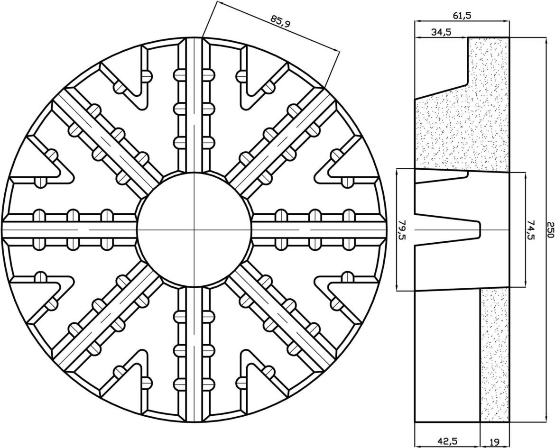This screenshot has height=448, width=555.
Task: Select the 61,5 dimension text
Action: (x=462, y=15)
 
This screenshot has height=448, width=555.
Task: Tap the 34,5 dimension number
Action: (x=441, y=32)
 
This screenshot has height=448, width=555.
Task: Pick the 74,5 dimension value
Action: (x=531, y=229)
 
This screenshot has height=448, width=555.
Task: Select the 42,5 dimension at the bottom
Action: (x=447, y=441)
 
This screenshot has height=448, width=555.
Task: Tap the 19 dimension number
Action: (x=494, y=441)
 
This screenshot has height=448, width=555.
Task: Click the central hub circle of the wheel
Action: (x=194, y=229)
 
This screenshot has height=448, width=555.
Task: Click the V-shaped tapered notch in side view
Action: (x=451, y=229)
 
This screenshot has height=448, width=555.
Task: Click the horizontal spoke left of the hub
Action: (x=71, y=229)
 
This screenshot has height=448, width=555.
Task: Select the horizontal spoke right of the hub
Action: (x=318, y=229)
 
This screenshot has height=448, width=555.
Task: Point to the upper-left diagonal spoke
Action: (x=107, y=142)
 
